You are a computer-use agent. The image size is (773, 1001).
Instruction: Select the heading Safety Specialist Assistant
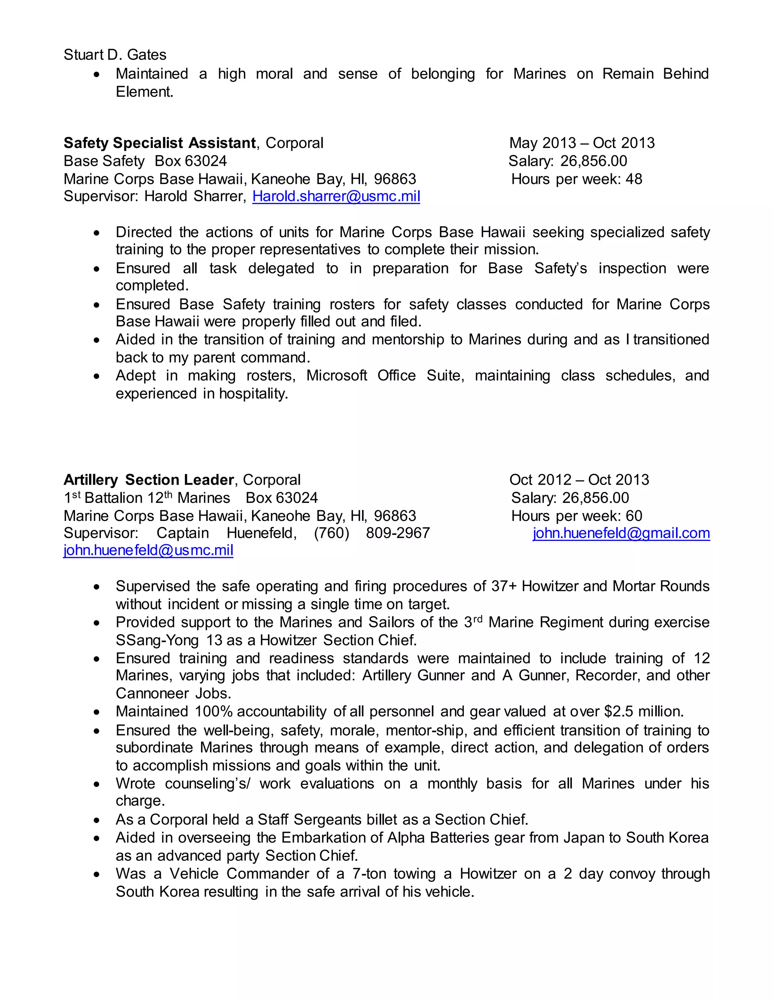click(159, 143)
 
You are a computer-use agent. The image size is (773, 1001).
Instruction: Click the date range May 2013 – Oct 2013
click(582, 143)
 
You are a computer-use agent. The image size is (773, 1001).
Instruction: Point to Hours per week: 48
click(577, 179)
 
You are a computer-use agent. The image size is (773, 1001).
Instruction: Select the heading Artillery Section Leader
click(149, 480)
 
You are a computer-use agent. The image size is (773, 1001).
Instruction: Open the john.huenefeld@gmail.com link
click(621, 533)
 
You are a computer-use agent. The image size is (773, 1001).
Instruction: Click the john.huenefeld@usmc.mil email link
click(148, 550)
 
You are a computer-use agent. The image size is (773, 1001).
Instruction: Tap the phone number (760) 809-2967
click(372, 533)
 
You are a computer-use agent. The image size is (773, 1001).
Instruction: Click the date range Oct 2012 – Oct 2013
click(579, 480)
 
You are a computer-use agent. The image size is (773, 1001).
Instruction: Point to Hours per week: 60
click(577, 516)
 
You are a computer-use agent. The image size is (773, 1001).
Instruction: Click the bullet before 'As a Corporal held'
click(96, 820)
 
